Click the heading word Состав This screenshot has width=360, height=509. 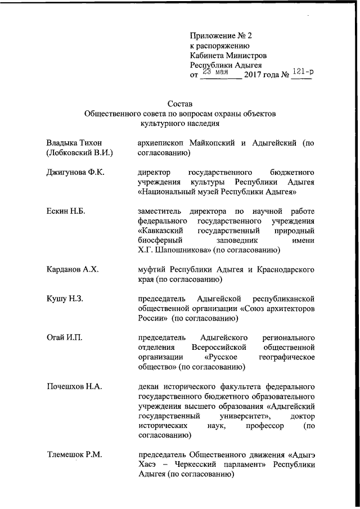pyautogui.click(x=180, y=103)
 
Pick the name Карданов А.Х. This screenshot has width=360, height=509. pyautogui.click(x=73, y=269)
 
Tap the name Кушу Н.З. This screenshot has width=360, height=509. pyautogui.click(x=65, y=298)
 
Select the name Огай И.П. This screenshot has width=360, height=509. pyautogui.click(x=64, y=337)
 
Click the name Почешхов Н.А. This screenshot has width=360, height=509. pyautogui.click(x=74, y=386)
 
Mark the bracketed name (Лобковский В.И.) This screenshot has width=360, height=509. pyautogui.click(x=80, y=153)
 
